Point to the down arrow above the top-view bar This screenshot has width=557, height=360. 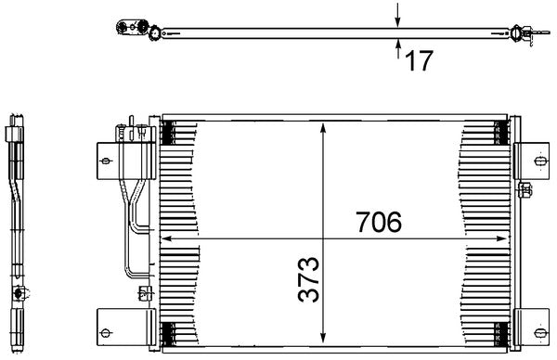coord(397,15)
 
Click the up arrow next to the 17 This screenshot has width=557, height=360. coord(397,46)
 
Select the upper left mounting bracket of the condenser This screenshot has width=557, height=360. coord(105,161)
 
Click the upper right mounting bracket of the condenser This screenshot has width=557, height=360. coord(530,159)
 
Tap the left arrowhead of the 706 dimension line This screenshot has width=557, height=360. coord(168,239)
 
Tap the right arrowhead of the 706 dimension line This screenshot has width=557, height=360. coord(502,239)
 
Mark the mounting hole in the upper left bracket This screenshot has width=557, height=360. coord(105,161)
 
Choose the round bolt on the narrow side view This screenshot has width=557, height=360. coord(18,295)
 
